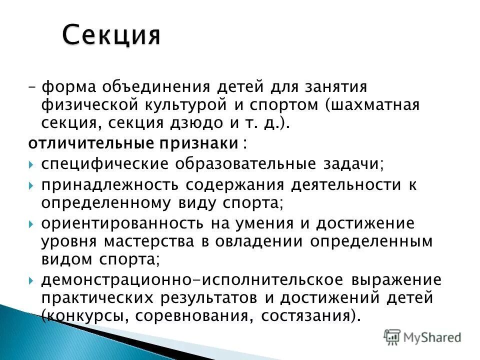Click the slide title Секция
pyautogui.click(x=111, y=36)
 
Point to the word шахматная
pyautogui.click(x=378, y=105)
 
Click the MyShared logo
pyautogui.click(x=422, y=337)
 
